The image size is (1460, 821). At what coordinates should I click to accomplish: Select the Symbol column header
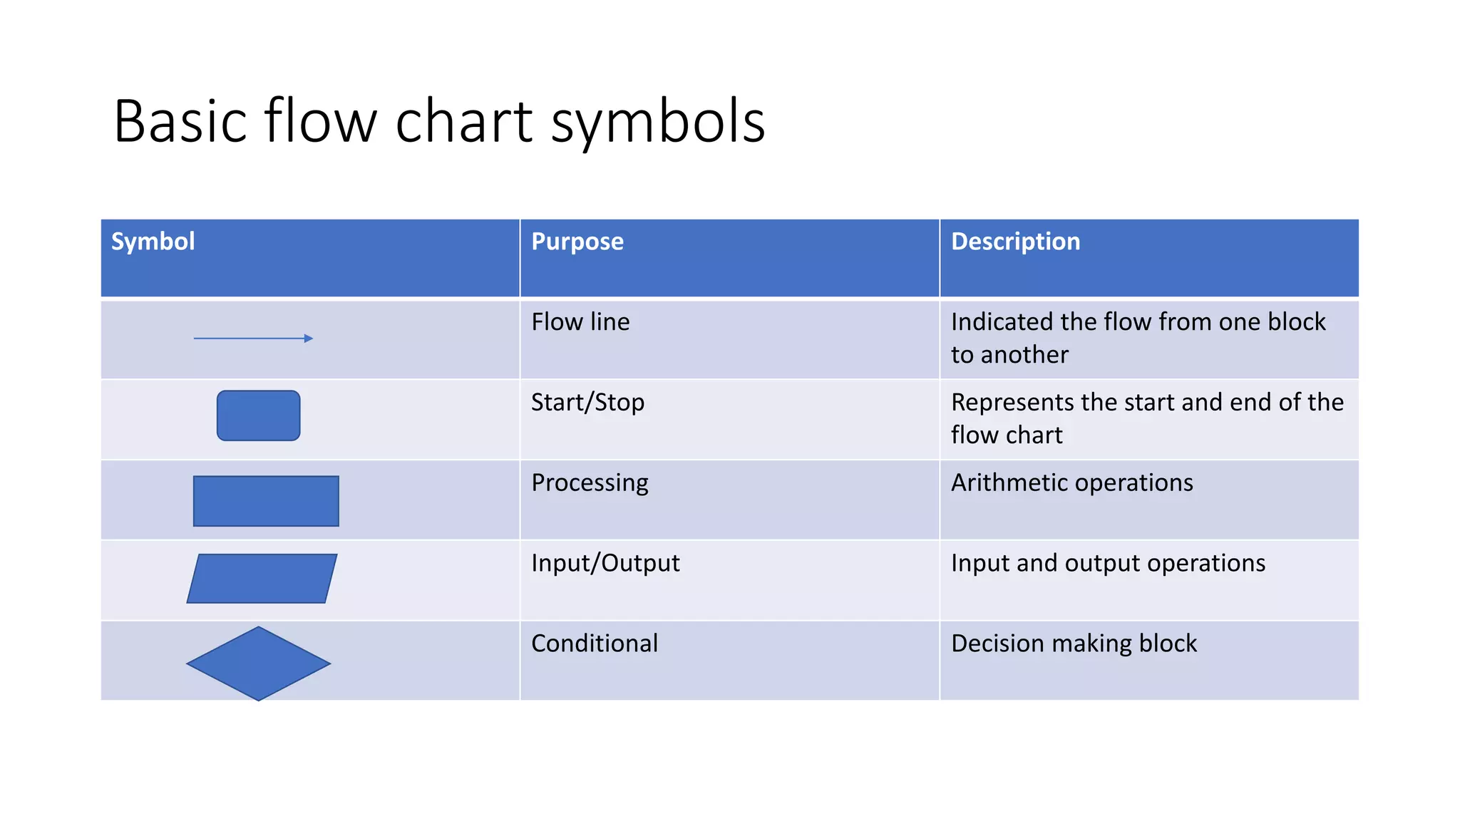point(153,242)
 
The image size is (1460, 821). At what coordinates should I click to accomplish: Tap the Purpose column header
point(577,242)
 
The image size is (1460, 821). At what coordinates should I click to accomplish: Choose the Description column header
point(1015,242)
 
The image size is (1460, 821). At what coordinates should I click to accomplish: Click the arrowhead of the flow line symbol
point(308,339)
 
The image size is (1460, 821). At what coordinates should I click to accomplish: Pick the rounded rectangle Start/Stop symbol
point(258,415)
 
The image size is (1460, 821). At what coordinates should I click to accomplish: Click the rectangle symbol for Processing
point(266,501)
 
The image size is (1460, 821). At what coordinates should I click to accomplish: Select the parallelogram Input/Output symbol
point(262,579)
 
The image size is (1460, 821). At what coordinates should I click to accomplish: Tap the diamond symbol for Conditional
point(258,663)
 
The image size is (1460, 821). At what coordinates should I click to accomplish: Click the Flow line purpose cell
point(580,322)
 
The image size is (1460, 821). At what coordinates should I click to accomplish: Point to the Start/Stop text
point(587,403)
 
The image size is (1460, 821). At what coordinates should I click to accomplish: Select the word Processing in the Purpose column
point(590,483)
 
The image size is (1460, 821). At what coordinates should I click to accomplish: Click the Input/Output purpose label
point(605,564)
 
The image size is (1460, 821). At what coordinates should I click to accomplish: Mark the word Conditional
point(595,644)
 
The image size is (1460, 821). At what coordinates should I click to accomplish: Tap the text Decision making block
point(1074,644)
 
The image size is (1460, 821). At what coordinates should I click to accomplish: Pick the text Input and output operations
point(1108,564)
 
